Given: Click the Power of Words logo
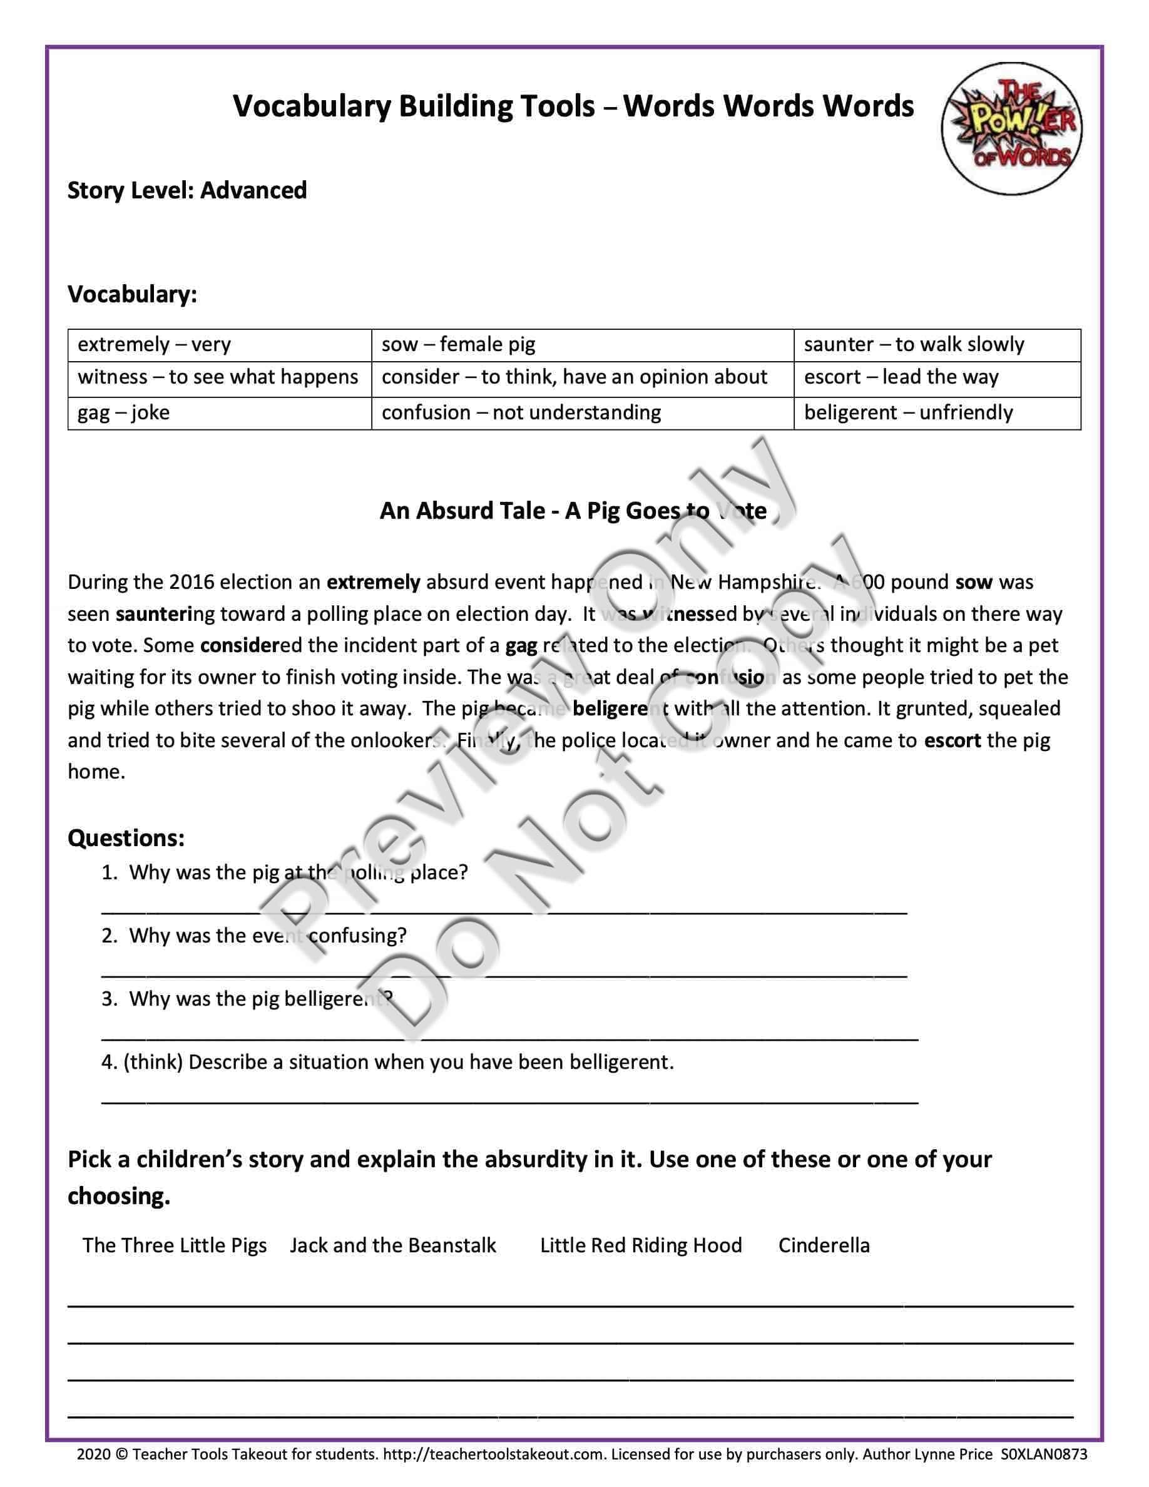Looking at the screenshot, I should [x=1011, y=128].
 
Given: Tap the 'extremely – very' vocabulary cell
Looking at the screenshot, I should [x=219, y=344].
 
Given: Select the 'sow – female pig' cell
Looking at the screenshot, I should [x=582, y=344].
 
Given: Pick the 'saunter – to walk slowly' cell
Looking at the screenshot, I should [x=937, y=344].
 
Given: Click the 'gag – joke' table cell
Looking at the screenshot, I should [x=219, y=412].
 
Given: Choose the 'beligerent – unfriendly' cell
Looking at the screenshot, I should [x=937, y=412].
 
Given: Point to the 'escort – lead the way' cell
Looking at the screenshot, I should [x=937, y=377].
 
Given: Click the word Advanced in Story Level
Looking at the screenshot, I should [x=253, y=191].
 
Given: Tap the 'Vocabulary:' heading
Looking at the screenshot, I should [x=132, y=294].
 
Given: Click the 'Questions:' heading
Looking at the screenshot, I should [x=126, y=837].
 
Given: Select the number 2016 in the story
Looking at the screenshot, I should [x=192, y=582].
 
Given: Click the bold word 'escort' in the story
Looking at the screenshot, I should [x=952, y=740].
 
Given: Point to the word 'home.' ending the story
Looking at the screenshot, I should [x=96, y=772].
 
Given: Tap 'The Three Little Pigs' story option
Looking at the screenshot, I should [x=175, y=1245].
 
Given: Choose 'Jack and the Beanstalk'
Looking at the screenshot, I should [x=393, y=1245].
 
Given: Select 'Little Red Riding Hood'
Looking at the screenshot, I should [x=641, y=1245].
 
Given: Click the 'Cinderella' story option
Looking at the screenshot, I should [x=824, y=1245].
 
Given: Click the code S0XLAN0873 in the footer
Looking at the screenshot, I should [x=1043, y=1454].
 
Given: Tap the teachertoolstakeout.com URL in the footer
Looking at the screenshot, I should [x=494, y=1454].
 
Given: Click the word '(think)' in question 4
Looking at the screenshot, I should [x=153, y=1062].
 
